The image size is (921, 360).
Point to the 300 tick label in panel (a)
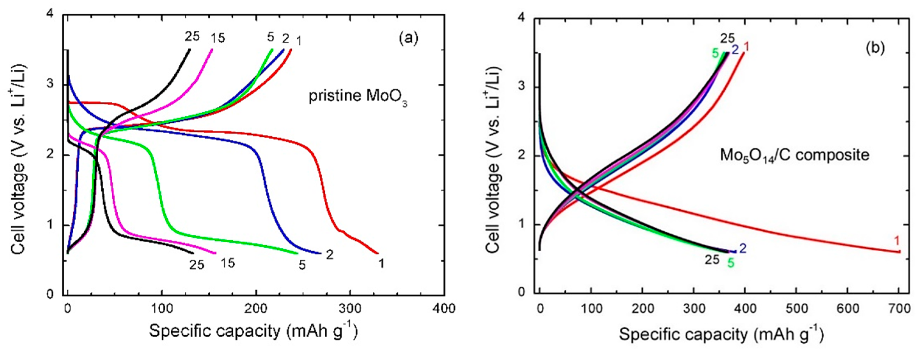coord(350,309)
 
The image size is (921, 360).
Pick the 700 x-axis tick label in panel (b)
coord(899,309)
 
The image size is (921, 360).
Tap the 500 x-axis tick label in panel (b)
coord(796,309)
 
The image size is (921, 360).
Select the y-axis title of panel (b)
coord(495,159)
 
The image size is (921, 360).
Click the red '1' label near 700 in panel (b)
coord(897,241)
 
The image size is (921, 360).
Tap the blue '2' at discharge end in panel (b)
coord(743,248)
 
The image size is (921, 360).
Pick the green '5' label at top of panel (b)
coord(715,53)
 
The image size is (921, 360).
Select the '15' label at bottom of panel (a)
coord(227,263)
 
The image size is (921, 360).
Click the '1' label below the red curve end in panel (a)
coord(382,264)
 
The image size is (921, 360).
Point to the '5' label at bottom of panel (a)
coord(302,265)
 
